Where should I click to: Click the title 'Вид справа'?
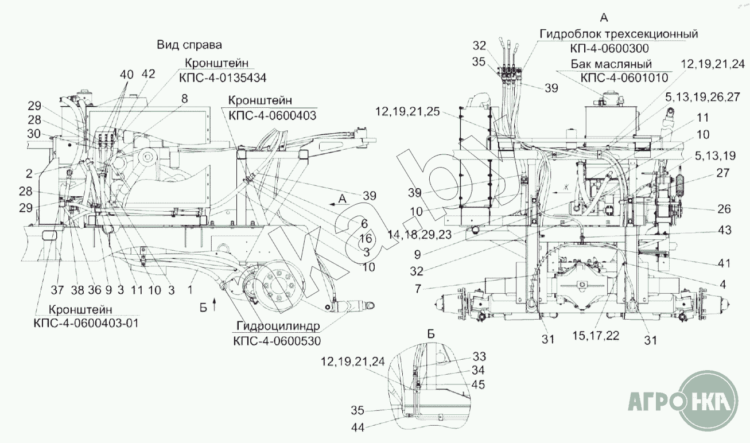(189, 45)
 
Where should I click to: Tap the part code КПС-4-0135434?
(223, 78)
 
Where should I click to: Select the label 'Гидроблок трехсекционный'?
(619, 34)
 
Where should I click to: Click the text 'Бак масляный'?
(611, 64)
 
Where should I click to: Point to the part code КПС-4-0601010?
(624, 78)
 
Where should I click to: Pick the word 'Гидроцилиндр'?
(278, 326)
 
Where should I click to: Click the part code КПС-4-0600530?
(277, 341)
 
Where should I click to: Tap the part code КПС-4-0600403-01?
(86, 323)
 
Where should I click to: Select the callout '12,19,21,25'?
(407, 111)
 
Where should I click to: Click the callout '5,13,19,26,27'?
(702, 97)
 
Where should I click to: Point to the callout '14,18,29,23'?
(419, 235)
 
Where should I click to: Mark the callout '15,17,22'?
(596, 335)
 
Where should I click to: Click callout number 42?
(149, 74)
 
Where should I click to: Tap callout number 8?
(184, 99)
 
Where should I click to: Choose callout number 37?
(57, 290)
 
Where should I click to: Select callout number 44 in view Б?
(357, 428)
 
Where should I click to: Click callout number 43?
(725, 230)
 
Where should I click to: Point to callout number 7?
(418, 289)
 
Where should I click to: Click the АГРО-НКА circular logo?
(683, 401)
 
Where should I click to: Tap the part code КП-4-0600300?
(609, 49)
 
